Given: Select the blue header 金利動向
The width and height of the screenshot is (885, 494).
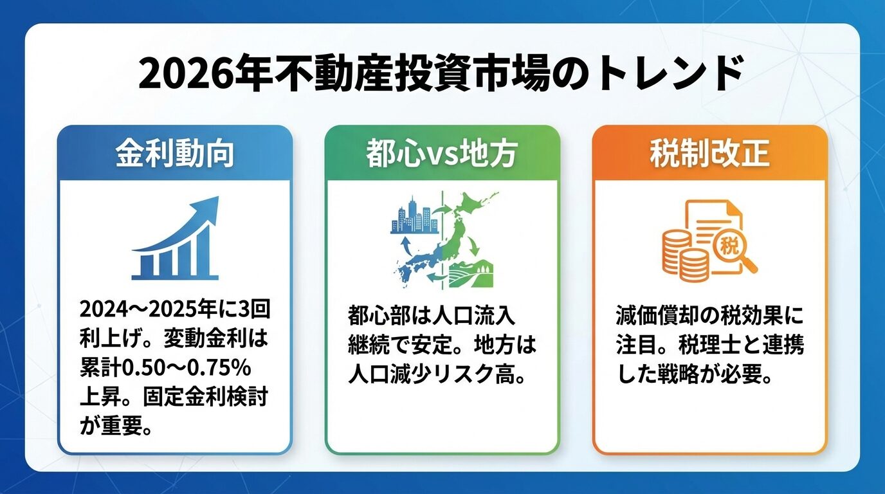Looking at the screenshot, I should point(174,154).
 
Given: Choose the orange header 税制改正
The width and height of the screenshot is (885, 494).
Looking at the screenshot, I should point(709,154).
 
